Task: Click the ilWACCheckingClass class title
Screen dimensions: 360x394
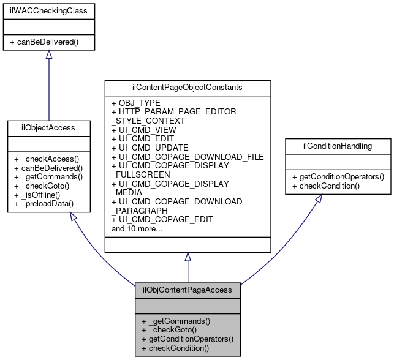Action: [x=48, y=11]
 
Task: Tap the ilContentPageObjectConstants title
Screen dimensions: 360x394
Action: [x=188, y=87]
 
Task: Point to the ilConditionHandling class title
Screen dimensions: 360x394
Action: [x=338, y=146]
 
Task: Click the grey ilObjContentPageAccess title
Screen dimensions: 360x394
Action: [x=188, y=290]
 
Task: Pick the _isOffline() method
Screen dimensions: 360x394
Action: [x=38, y=195]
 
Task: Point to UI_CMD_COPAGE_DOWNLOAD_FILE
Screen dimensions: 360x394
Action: [x=187, y=157]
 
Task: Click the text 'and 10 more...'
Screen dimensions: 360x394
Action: [x=138, y=229]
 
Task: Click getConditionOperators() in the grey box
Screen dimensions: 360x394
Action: [x=188, y=339]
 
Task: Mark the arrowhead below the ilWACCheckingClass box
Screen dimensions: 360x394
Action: [x=49, y=54]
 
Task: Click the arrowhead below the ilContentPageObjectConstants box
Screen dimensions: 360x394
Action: [x=188, y=257]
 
